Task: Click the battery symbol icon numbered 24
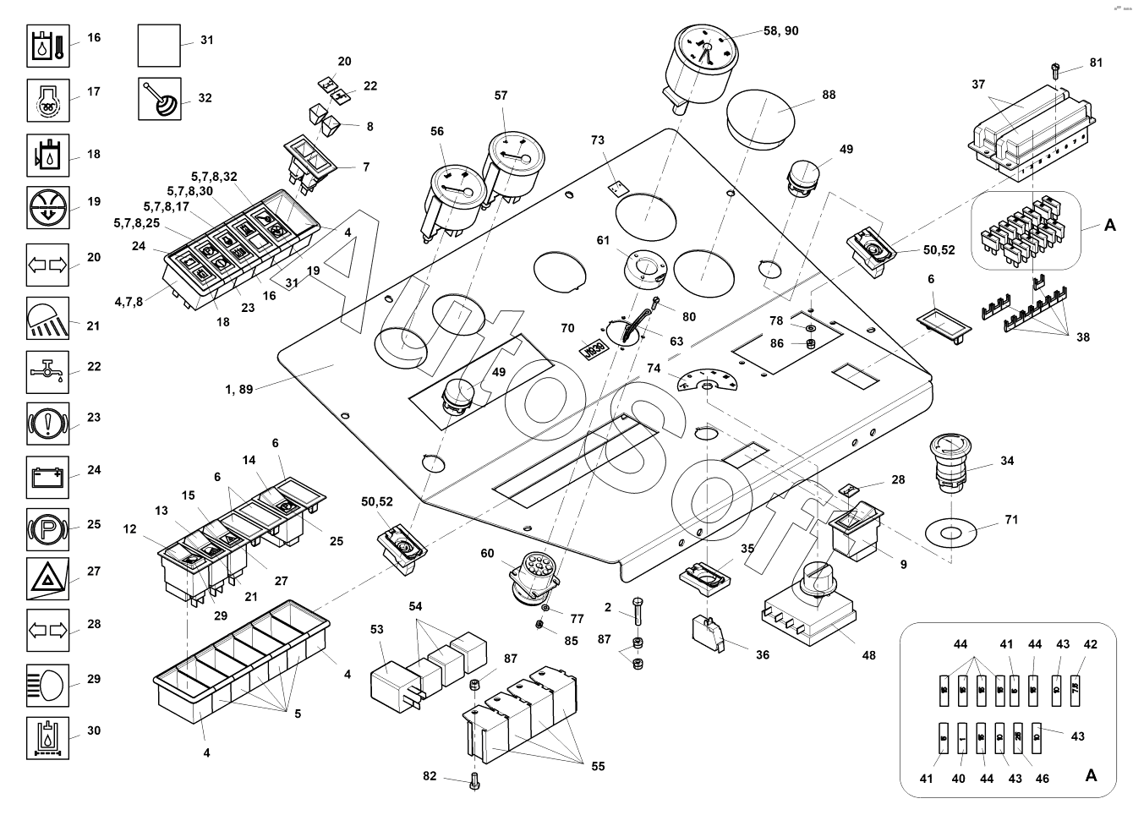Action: (x=48, y=478)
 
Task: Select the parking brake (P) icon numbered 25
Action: (x=48, y=531)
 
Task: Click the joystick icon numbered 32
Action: (x=159, y=99)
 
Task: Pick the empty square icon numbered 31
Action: (x=159, y=46)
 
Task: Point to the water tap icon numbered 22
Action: (x=48, y=372)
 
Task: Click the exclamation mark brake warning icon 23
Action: (x=48, y=424)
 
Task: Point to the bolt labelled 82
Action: (x=473, y=780)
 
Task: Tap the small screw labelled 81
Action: (x=1055, y=70)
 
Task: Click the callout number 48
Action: (x=868, y=654)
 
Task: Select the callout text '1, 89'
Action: (x=238, y=390)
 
